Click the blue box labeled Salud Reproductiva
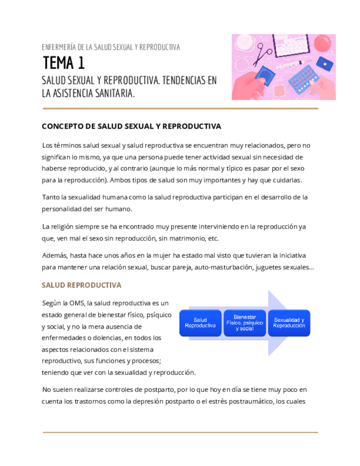pos(200,323)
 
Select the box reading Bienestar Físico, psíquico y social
pos(245,323)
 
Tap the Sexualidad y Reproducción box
pos(289,323)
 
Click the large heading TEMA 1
pos(64,63)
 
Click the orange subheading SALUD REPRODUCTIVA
pos(81,285)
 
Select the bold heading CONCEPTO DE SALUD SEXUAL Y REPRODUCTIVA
pos(131,126)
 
